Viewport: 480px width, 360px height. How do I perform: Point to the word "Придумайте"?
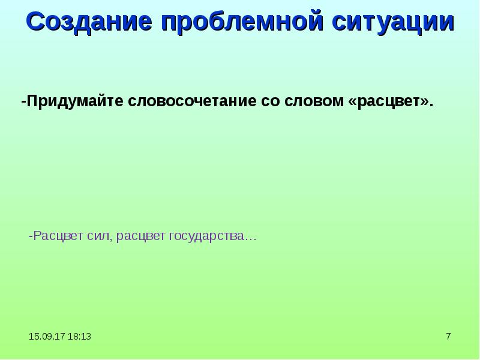tap(74, 101)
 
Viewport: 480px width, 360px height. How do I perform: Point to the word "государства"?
tap(205, 236)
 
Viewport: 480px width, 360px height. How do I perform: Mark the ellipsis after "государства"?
tap(251, 238)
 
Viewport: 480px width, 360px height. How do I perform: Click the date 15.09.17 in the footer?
tap(44, 337)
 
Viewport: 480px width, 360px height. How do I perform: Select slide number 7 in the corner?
tap(448, 337)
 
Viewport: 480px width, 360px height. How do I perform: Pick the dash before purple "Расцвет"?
tap(31, 236)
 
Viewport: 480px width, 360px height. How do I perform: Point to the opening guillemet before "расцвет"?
tap(352, 101)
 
